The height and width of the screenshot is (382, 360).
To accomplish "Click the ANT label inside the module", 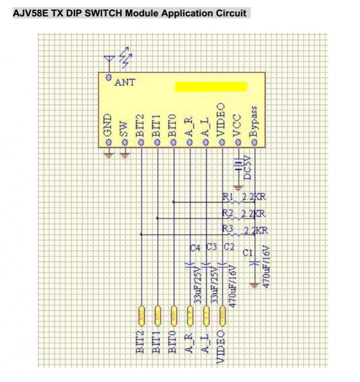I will click(x=125, y=82).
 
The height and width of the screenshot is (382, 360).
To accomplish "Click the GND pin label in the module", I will click(x=108, y=125).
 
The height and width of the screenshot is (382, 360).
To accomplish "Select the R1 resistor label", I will click(x=228, y=196).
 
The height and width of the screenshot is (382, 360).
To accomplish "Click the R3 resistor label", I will click(x=228, y=229).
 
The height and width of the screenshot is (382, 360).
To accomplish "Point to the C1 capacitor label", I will click(x=248, y=252).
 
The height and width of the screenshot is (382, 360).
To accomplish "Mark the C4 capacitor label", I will click(x=195, y=248).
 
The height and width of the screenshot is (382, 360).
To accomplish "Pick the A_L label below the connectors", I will click(x=205, y=342).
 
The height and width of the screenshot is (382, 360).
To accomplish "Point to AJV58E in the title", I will click(x=29, y=13).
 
